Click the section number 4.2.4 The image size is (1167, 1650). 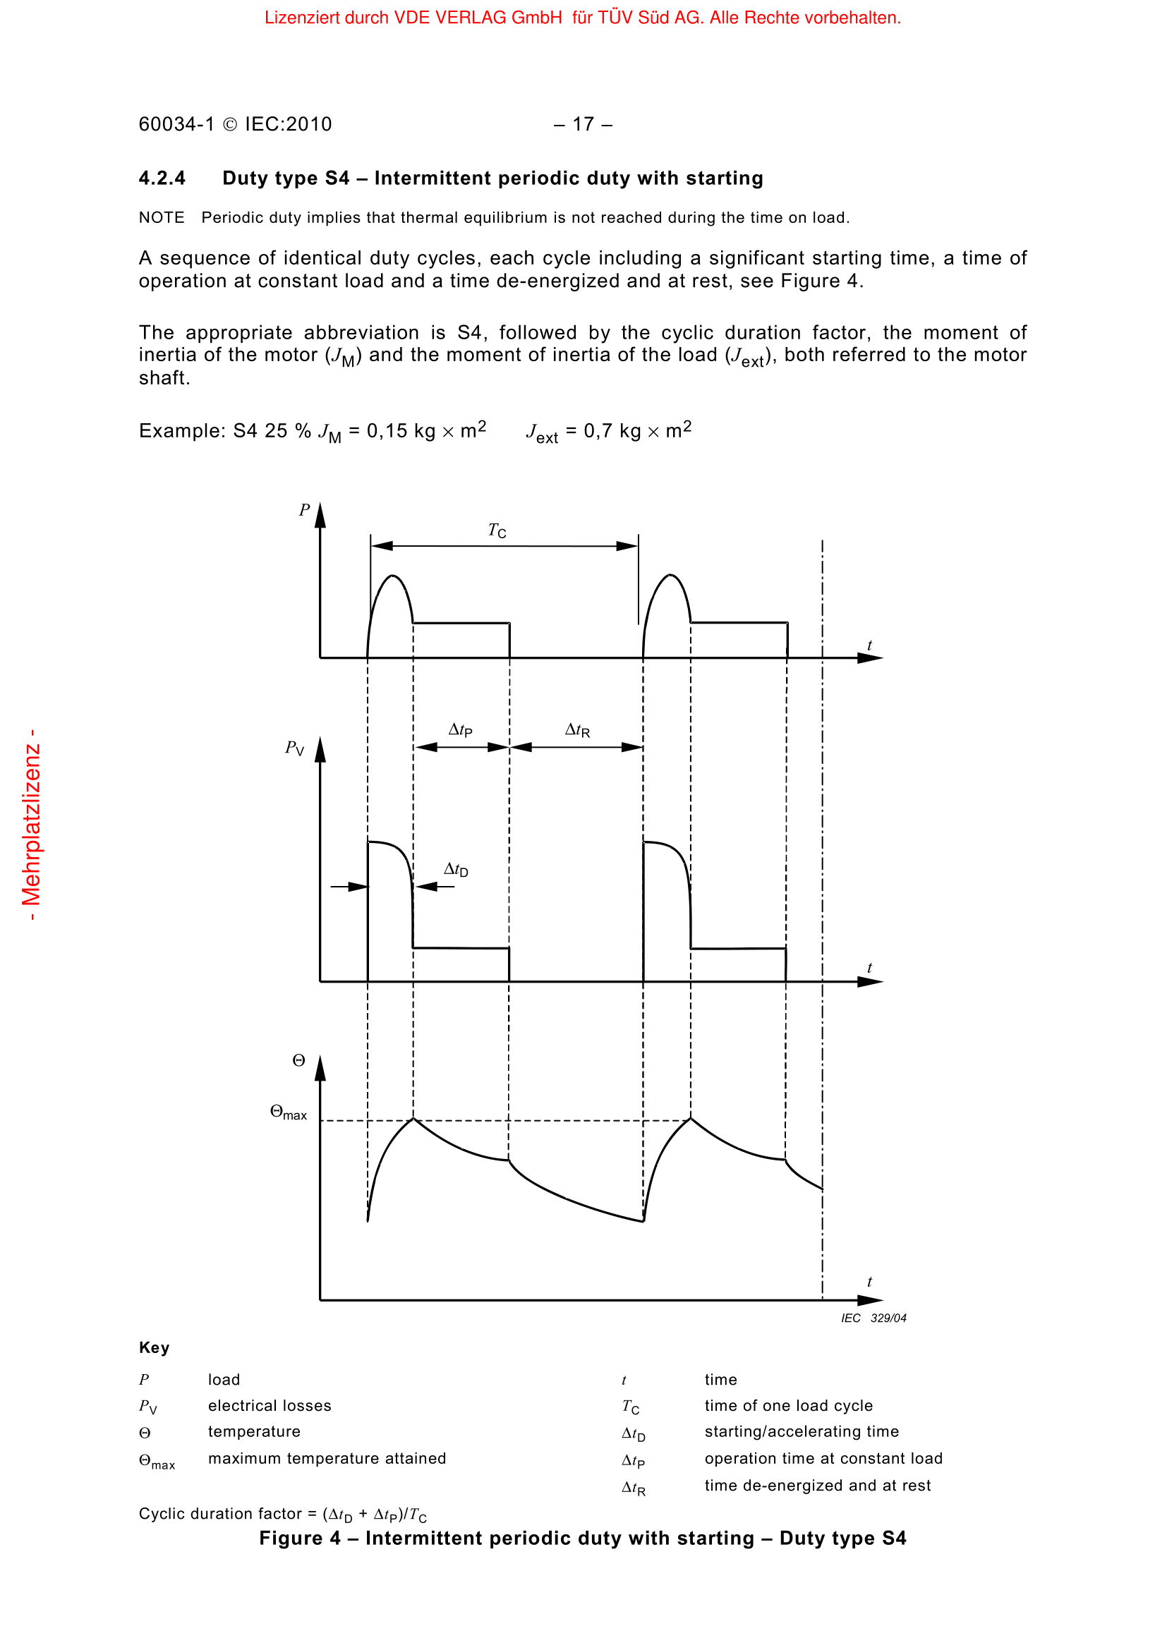(162, 178)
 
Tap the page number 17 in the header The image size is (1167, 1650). (583, 124)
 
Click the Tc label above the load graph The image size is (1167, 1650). (497, 530)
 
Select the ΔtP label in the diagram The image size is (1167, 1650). (460, 730)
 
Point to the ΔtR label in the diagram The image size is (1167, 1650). (577, 730)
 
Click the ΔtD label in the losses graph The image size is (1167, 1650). (456, 870)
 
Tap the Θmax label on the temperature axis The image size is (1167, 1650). (288, 1112)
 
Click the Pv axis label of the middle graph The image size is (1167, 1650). (295, 748)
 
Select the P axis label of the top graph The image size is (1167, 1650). (304, 510)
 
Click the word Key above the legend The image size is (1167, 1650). (154, 1347)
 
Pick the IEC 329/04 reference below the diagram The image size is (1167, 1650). (873, 1318)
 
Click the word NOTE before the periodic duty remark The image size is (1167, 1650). (162, 218)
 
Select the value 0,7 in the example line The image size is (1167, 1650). (598, 431)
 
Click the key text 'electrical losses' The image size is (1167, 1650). (270, 1406)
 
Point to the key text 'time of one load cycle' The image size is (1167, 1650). (788, 1406)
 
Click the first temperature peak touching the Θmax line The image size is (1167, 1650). (413, 1118)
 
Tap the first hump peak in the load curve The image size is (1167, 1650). (392, 576)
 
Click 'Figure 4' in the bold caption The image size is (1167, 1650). (300, 1538)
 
